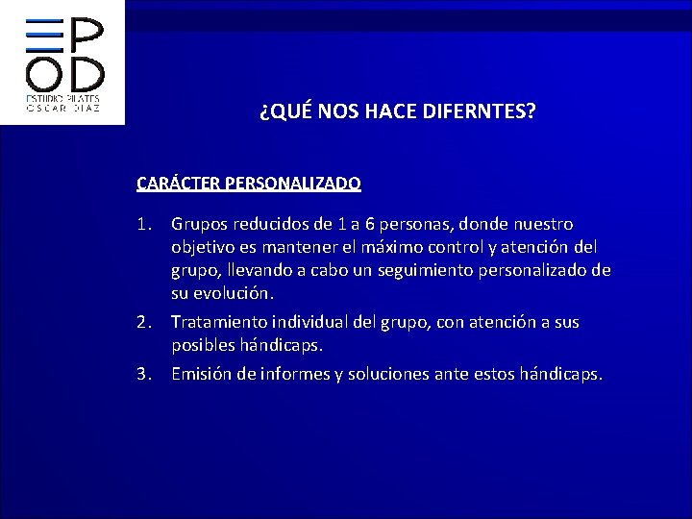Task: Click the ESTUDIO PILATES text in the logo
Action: click(61, 99)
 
